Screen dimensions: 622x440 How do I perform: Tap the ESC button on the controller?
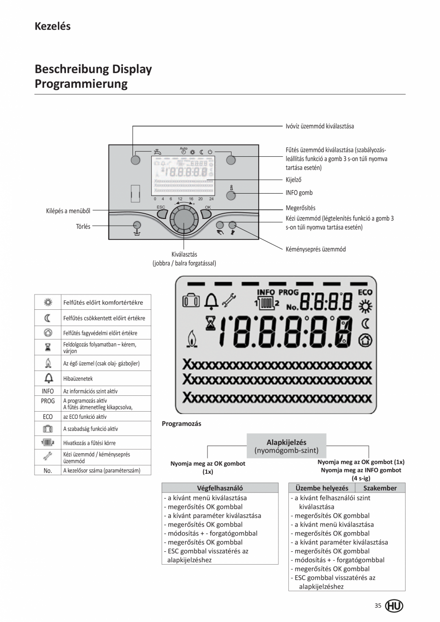161,214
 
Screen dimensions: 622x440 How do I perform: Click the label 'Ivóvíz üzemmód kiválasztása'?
319,126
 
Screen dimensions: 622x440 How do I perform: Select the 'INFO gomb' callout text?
299,193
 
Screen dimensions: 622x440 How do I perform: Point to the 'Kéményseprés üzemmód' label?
315,249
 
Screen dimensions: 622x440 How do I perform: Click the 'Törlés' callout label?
83,227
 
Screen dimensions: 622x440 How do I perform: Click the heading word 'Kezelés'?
53,27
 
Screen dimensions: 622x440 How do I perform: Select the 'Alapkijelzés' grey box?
286,446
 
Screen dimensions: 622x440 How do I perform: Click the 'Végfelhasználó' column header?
220,488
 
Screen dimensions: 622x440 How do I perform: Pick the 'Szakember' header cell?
380,488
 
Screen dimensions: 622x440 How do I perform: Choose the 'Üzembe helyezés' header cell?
322,488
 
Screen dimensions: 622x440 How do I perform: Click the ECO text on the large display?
365,292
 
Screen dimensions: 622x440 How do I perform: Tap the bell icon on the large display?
211,301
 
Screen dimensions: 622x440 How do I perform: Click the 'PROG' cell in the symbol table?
48,401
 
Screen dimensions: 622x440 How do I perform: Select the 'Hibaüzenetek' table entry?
78,379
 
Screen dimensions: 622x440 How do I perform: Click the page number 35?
378,606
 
